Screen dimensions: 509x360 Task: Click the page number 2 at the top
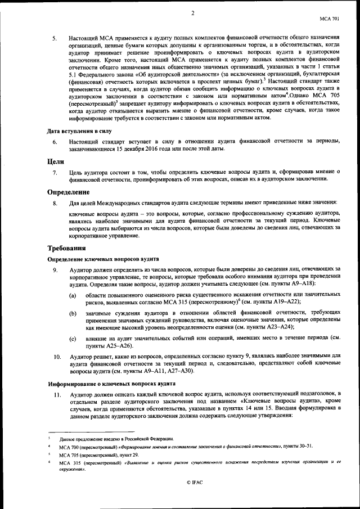click(x=192, y=13)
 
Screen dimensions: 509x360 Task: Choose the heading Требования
click(x=66, y=248)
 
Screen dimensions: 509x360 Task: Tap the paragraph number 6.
click(x=55, y=142)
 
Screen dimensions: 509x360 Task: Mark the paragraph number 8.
click(x=55, y=202)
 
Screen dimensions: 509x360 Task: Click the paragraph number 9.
click(x=55, y=271)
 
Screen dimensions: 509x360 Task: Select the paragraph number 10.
click(x=57, y=357)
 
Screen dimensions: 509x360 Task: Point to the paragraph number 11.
click(x=57, y=395)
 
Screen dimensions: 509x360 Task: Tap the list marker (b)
click(x=73, y=313)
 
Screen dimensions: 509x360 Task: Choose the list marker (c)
click(x=73, y=339)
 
